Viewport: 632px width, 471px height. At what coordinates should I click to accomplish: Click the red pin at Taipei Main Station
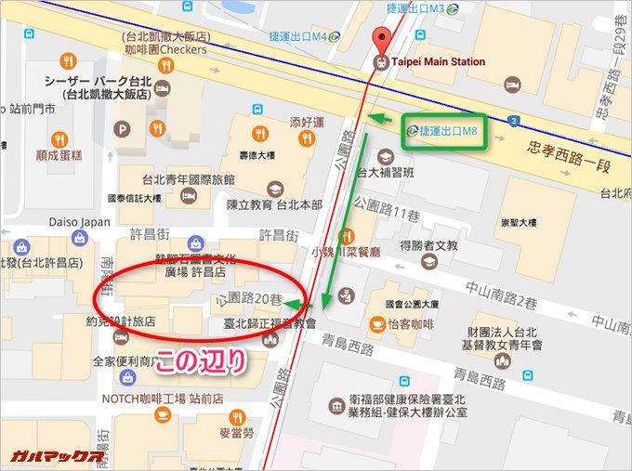[379, 39]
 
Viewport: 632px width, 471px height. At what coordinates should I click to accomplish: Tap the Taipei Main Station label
[437, 62]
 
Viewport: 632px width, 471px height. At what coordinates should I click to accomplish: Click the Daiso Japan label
[83, 223]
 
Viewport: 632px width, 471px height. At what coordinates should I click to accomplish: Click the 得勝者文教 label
[428, 245]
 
